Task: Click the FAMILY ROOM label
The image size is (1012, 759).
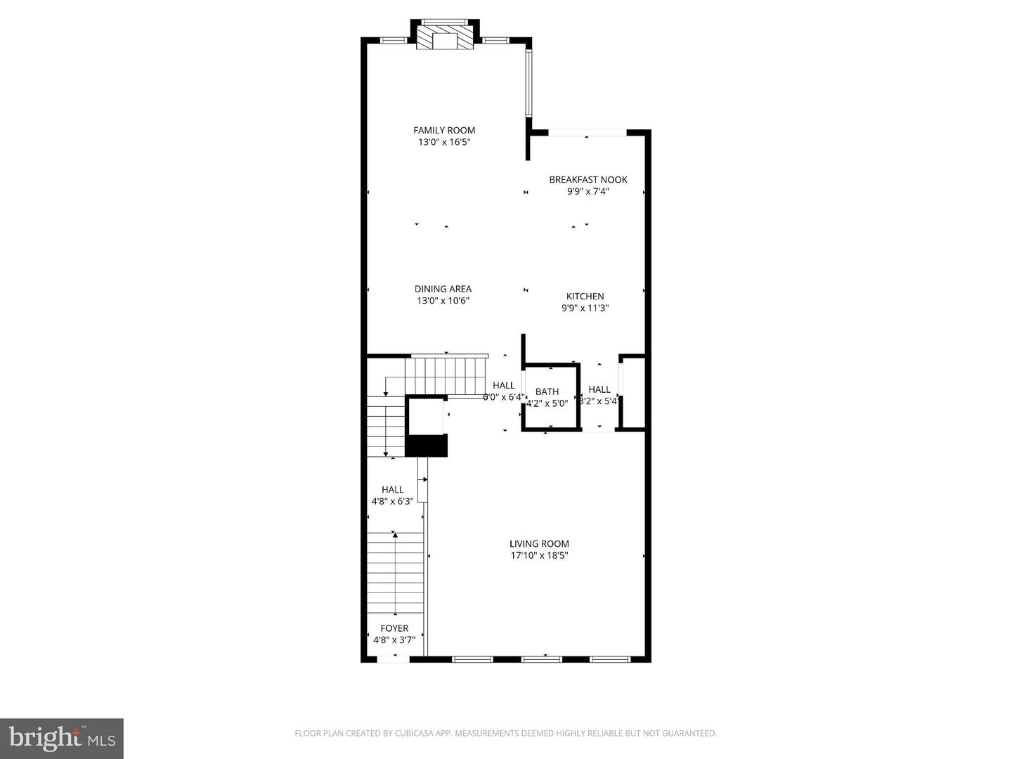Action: point(444,130)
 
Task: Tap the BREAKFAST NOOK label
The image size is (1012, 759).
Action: point(588,179)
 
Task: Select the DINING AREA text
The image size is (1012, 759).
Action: point(443,289)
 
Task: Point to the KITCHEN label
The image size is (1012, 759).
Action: point(585,296)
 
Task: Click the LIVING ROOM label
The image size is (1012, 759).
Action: point(539,543)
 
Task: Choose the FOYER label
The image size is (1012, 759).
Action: point(394,628)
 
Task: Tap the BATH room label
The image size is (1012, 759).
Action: point(547,391)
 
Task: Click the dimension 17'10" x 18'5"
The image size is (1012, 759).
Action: point(539,556)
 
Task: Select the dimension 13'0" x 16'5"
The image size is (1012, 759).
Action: point(444,142)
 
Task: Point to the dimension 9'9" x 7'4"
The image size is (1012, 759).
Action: point(588,191)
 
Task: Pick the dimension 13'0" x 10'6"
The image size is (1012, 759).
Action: point(443,301)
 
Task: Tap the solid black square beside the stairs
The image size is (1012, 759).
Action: point(427,446)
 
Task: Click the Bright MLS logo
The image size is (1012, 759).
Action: point(62,738)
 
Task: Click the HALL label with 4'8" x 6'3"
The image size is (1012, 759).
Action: point(392,490)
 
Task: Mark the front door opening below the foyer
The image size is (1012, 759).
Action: point(394,659)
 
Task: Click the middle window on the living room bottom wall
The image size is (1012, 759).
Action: point(542,659)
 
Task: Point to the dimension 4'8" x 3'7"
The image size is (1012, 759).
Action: point(394,640)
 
